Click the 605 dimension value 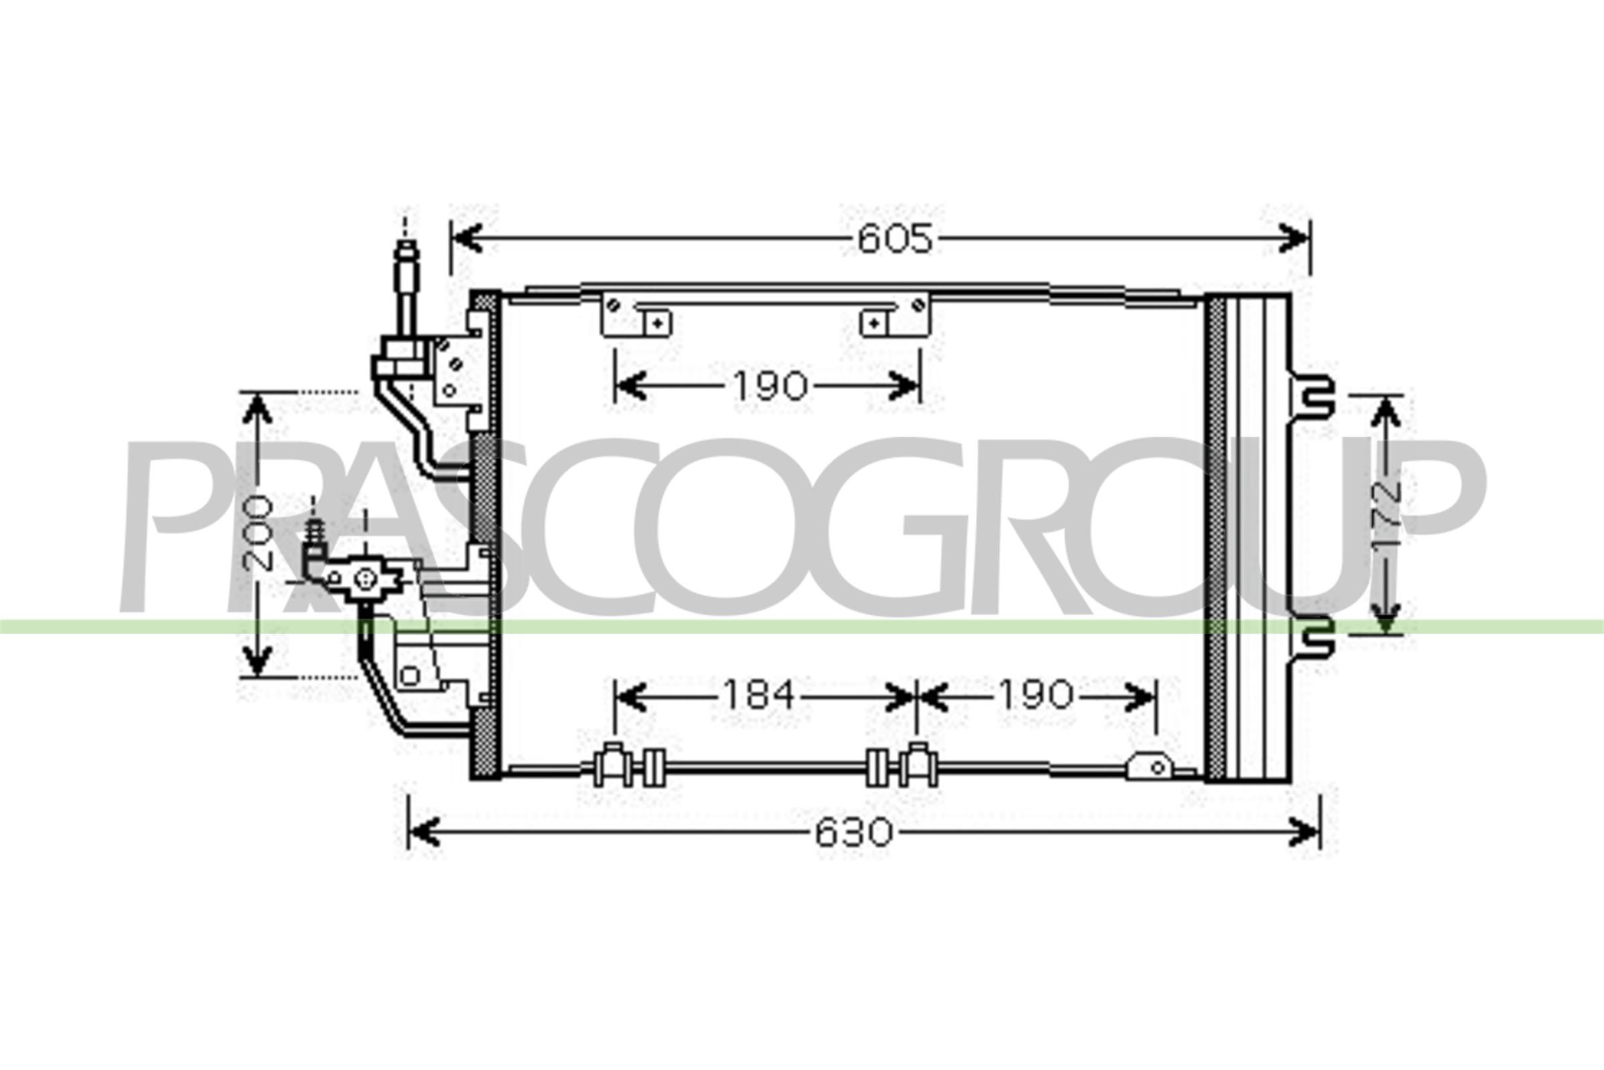click(x=894, y=239)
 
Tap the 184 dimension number click(x=759, y=695)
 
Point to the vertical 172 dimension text click(x=1385, y=514)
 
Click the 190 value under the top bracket click(x=770, y=387)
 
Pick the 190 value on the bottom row click(x=1036, y=695)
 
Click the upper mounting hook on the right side click(x=1313, y=398)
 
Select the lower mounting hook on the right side click(x=1313, y=637)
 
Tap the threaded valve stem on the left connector click(x=314, y=531)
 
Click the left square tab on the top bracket click(x=658, y=323)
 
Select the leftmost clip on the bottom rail click(x=612, y=766)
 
